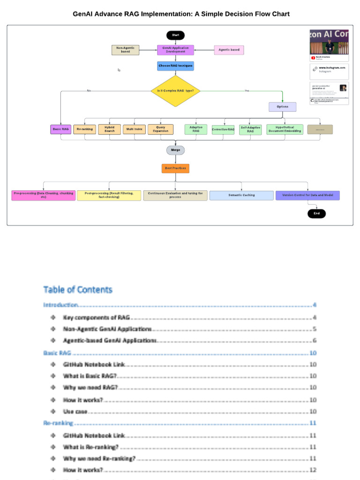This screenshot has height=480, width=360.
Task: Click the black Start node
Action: pyautogui.click(x=175, y=35)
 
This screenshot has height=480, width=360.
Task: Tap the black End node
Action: pyautogui.click(x=316, y=213)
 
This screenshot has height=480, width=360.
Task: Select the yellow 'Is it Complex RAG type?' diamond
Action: pyautogui.click(x=175, y=90)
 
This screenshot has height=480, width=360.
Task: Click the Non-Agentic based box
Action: pyautogui.click(x=125, y=50)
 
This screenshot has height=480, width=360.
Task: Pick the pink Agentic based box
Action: pyautogui.click(x=229, y=50)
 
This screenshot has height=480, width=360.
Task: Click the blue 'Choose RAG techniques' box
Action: pyautogui.click(x=175, y=66)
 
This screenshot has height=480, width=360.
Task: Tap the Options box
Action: pyautogui.click(x=282, y=106)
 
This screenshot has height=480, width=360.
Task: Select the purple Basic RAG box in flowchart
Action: pyautogui.click(x=60, y=129)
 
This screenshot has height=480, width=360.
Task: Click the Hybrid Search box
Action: pyautogui.click(x=110, y=129)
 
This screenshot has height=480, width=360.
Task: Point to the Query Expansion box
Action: pyautogui.click(x=160, y=129)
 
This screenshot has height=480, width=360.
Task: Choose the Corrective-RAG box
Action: pyautogui.click(x=223, y=129)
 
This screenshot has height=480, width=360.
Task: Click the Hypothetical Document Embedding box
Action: pyautogui.click(x=285, y=129)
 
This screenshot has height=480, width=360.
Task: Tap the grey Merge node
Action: pyautogui.click(x=175, y=150)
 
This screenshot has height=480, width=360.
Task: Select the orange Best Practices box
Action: pyautogui.click(x=175, y=168)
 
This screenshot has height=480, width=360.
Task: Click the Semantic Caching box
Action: pyautogui.click(x=241, y=195)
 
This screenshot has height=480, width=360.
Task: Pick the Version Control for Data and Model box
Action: pyautogui.click(x=307, y=195)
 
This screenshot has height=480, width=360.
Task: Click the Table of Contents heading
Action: pyautogui.click(x=78, y=290)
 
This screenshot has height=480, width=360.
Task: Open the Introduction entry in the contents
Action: pyautogui.click(x=60, y=305)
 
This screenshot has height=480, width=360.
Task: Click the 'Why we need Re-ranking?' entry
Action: pyautogui.click(x=99, y=458)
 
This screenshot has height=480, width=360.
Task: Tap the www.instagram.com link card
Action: pyautogui.click(x=329, y=69)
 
